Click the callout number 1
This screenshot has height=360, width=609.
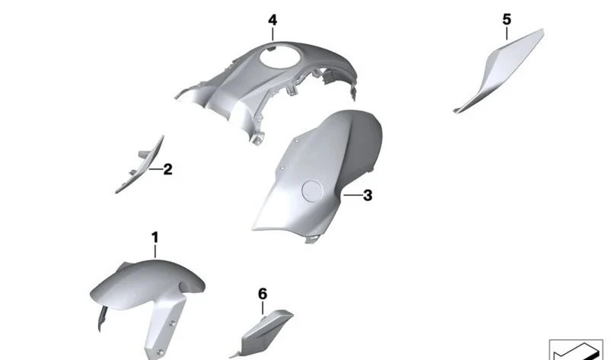point(155,237)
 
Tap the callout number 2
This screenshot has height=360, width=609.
point(167,169)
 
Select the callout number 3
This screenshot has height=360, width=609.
point(368,196)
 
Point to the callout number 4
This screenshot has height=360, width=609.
point(273,21)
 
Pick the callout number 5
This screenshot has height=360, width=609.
point(507,20)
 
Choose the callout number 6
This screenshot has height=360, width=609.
point(263,294)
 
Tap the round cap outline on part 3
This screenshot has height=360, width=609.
point(312,192)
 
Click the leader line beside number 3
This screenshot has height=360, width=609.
point(352,195)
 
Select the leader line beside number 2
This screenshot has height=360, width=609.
point(155,169)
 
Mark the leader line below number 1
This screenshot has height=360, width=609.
point(155,251)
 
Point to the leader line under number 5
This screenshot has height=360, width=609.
point(507,33)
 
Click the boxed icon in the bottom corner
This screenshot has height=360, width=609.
point(576,349)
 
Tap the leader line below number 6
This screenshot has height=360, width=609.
point(263,308)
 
